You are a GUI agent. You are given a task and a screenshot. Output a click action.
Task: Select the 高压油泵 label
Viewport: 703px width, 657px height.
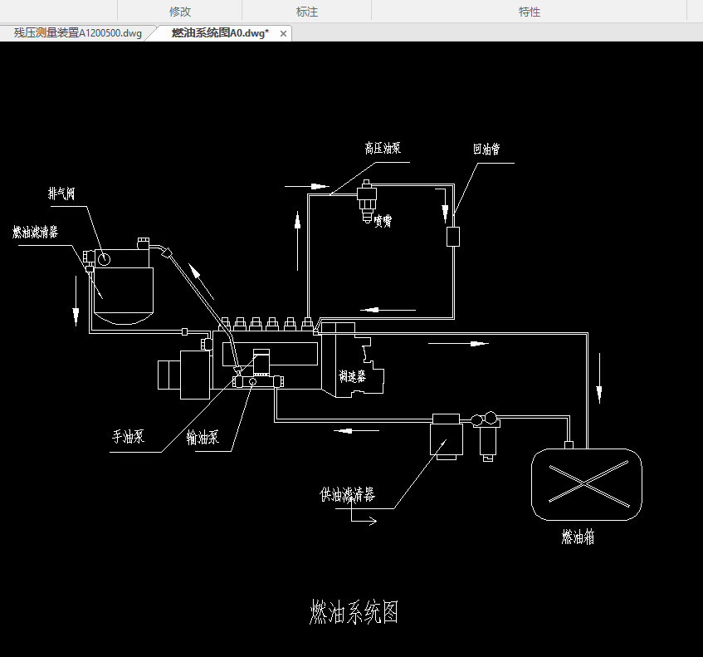383,149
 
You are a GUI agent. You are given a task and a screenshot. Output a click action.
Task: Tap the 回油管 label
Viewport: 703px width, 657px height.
486,150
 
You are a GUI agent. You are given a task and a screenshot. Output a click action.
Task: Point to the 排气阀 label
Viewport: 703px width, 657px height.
61,194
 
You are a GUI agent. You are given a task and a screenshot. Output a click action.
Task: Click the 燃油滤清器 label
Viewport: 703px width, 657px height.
35,232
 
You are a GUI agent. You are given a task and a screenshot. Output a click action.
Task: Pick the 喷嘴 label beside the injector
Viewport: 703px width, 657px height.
383,221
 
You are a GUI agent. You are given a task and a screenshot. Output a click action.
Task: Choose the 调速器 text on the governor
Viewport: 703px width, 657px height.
352,376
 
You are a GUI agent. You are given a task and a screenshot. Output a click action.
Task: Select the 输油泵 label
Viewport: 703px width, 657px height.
203,438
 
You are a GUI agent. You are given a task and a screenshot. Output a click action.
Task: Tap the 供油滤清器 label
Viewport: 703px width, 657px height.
348,496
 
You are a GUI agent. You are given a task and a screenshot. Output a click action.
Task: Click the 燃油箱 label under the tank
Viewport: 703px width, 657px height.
578,537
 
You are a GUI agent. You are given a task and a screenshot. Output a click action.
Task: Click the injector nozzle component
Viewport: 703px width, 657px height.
366,202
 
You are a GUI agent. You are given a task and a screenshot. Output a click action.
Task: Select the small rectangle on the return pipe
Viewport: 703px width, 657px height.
453,236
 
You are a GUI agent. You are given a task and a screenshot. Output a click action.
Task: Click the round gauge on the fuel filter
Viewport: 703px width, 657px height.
103,259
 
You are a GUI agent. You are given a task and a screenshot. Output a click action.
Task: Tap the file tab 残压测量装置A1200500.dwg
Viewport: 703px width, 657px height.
78,33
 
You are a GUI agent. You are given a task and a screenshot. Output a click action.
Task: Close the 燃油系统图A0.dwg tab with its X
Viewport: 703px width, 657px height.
283,33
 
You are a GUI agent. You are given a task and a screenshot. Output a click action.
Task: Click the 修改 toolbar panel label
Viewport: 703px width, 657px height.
180,12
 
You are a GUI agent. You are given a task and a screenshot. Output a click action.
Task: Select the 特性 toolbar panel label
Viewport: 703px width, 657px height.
530,12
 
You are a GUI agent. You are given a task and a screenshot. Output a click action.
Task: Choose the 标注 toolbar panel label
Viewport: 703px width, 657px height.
307,12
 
